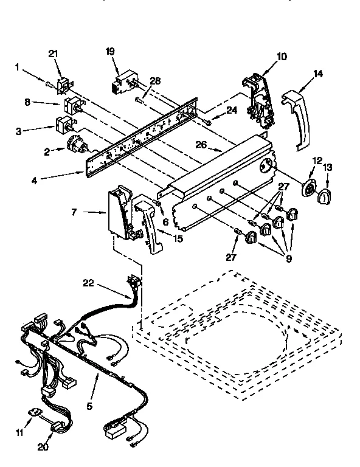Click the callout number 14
click(x=317, y=74)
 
